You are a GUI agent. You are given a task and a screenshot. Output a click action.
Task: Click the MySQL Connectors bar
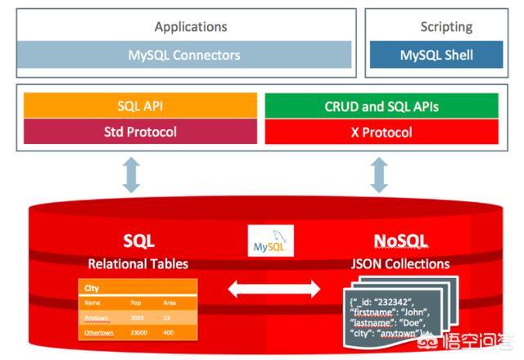[184, 56]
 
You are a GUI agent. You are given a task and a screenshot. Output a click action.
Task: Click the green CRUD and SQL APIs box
[381, 107]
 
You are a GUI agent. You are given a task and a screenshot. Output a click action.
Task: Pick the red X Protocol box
[381, 132]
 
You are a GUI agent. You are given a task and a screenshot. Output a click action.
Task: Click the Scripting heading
[446, 27]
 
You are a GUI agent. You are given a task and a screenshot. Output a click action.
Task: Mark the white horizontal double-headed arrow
[273, 289]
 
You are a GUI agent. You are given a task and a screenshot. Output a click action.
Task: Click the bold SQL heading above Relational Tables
[138, 242]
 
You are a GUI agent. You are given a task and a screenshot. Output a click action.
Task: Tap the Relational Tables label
[138, 263]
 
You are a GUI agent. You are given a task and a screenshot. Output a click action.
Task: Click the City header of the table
[92, 288]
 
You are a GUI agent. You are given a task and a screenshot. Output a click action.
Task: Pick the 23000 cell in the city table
[140, 333]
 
